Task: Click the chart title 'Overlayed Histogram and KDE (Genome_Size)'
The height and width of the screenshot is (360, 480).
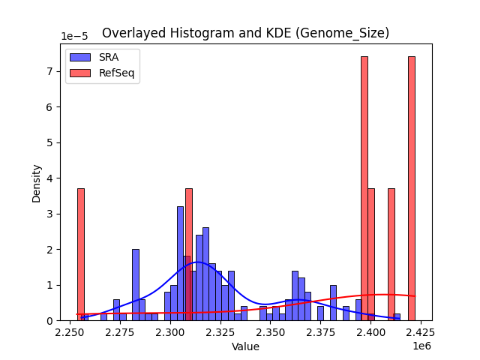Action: [x=245, y=33]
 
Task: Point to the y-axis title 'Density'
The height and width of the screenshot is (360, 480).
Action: [x=37, y=182]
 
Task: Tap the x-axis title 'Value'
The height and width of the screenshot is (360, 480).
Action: [x=245, y=346]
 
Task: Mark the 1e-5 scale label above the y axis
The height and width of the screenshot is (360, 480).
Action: [x=76, y=37]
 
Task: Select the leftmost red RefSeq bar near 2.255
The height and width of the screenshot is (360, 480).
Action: [x=80, y=255]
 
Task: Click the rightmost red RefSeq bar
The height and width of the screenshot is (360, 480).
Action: [x=411, y=187]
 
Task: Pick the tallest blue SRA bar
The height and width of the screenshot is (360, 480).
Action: [x=180, y=262]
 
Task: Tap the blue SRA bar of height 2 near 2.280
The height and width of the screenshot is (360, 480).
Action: [x=136, y=285]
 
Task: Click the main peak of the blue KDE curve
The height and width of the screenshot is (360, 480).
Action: [x=198, y=262]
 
